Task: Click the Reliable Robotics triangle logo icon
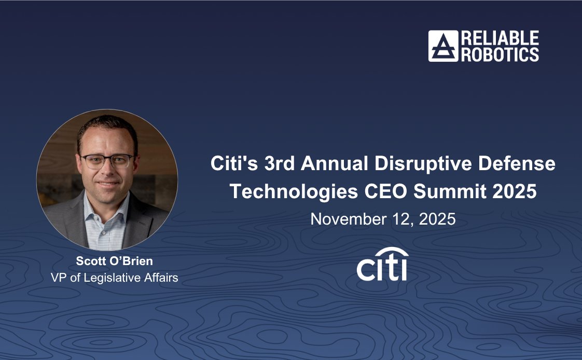443,46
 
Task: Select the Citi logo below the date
382,266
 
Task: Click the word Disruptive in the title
424,164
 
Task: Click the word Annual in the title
332,164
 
